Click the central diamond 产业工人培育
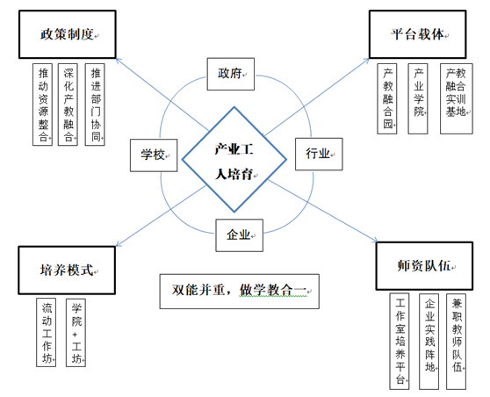(x=234, y=159)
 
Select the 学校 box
(x=155, y=155)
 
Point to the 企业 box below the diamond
(x=239, y=234)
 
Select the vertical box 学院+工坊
(x=78, y=332)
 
